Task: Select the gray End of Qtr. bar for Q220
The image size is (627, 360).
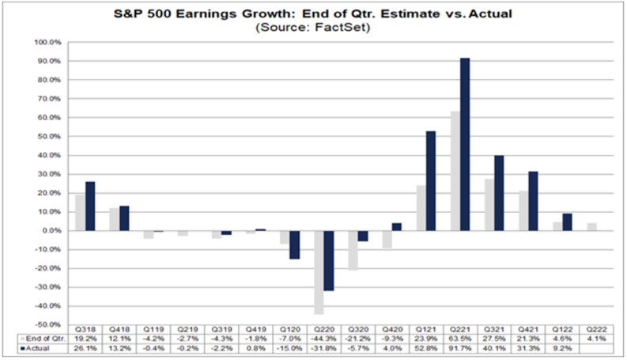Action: click(x=319, y=272)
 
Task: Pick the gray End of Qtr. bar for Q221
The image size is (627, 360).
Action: click(x=455, y=171)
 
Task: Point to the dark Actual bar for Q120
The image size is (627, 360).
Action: click(x=295, y=244)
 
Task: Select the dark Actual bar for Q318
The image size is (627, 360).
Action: click(x=90, y=207)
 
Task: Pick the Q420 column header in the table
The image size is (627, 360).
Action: click(x=391, y=328)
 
